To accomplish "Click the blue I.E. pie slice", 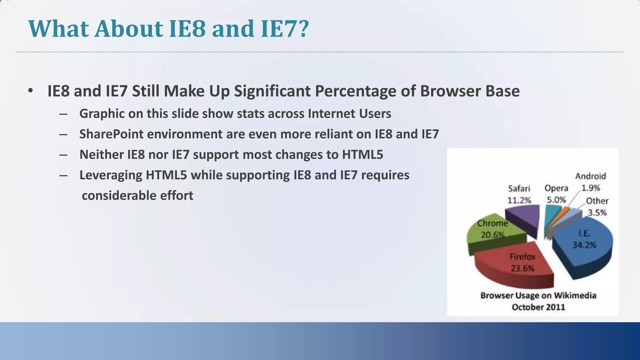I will point(591,250).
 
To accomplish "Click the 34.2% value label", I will point(584,245).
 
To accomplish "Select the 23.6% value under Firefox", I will point(522,268).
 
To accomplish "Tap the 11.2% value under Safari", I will point(519,200).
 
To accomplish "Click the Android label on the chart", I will point(590,176).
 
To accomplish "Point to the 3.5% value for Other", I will point(597,213).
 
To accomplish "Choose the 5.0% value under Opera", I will point(556,200).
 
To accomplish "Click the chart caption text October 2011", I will point(538,307).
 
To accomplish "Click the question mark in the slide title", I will point(303,29).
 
